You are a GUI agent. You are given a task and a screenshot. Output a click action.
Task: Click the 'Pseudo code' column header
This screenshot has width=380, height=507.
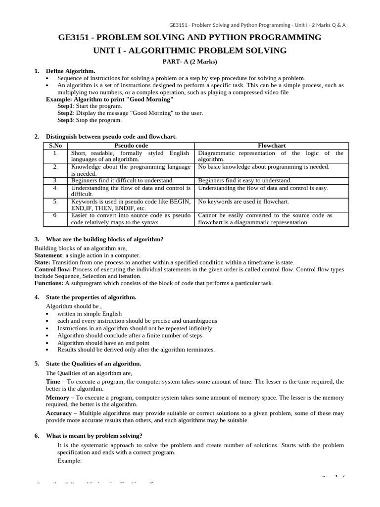[131, 146]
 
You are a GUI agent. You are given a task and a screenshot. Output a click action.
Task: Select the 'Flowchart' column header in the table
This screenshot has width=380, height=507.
[272, 146]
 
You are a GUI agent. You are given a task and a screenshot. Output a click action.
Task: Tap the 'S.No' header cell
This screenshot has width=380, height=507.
[55, 146]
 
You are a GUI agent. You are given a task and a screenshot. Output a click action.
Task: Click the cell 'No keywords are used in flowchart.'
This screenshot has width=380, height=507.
[243, 202]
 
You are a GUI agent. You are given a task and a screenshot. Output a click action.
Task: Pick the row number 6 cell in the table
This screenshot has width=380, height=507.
[55, 215]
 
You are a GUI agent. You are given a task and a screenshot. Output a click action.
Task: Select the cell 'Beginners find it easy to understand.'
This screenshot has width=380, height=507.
[245, 181]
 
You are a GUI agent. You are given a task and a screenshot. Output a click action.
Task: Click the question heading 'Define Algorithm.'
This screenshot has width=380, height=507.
[70, 71]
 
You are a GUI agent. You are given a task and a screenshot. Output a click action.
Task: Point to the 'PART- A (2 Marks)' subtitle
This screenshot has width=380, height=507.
[190, 61]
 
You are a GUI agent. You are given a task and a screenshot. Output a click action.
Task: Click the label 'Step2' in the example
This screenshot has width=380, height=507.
[65, 113]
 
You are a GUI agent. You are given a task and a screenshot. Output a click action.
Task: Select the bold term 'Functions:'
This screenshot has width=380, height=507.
[48, 283]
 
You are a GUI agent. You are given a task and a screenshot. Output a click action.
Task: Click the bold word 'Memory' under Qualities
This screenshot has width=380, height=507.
[57, 398]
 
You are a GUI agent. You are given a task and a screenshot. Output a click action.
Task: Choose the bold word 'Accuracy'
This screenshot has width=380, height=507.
[59, 413]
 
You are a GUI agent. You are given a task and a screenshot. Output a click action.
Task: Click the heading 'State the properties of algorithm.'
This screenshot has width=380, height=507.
[91, 297]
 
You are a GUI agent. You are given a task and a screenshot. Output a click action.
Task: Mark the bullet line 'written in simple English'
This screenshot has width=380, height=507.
[89, 314]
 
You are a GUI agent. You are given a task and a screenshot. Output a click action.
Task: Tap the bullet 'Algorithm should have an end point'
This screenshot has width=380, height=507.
[103, 343]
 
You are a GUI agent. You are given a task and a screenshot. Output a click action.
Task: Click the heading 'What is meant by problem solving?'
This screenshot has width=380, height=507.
[94, 436]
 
